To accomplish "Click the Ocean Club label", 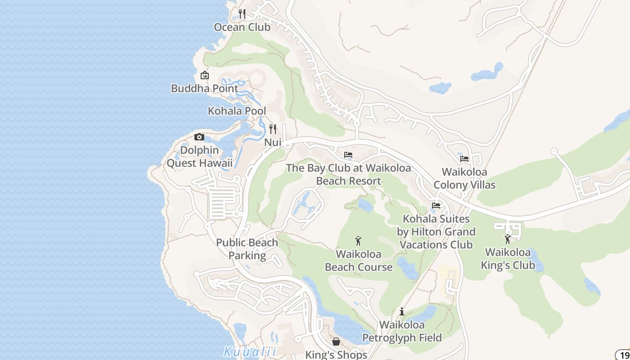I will point(242,27).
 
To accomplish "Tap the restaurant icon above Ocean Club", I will point(242,14).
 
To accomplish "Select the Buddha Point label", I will point(205,88).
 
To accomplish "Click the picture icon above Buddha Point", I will point(205,75).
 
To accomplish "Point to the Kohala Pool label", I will point(237,111).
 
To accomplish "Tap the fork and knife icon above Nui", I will point(273,129).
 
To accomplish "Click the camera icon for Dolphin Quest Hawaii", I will point(199,137).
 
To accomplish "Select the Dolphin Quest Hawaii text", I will point(200,157).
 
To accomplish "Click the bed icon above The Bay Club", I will point(348,155).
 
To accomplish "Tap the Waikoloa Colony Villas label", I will point(464,178).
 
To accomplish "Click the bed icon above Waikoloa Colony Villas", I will point(464,159).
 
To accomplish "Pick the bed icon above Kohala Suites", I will point(436,206).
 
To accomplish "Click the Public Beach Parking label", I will point(247,249).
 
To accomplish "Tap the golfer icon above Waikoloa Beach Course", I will point(358,241).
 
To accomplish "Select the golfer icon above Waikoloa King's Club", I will point(508,239).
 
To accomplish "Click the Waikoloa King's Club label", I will point(508,258).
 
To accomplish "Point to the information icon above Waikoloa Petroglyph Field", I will point(402,311).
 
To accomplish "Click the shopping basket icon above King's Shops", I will point(336,342).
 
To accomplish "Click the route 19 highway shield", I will point(624,355).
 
